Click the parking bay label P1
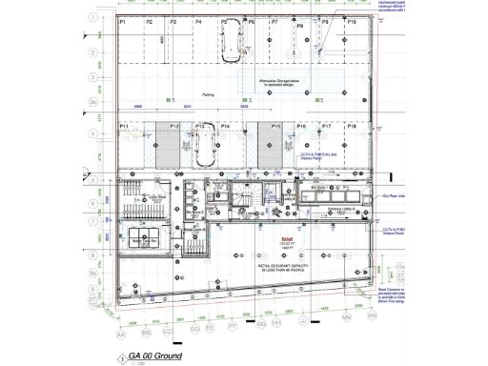[x=123, y=21]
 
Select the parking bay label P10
[x=353, y=21]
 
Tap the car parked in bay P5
[x=231, y=42]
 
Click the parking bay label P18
[x=352, y=126]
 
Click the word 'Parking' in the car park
[x=208, y=95]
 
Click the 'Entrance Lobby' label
[x=341, y=208]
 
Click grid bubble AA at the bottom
[x=120, y=335]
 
